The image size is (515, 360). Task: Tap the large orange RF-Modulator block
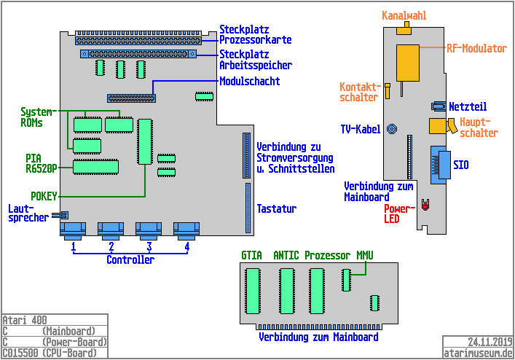coord(407,62)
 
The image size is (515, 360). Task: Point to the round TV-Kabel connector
coord(391,130)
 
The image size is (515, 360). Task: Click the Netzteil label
coord(468,106)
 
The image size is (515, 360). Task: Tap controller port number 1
coord(74,230)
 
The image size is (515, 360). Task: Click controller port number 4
coord(186,230)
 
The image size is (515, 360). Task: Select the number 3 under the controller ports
coord(149,246)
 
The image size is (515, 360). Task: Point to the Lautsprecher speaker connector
coord(63,215)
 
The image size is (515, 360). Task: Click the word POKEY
coord(44,196)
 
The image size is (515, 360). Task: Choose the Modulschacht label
coord(250,81)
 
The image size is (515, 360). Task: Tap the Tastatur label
coord(277,209)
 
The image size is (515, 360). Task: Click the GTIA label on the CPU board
coord(252,256)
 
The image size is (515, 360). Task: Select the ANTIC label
coord(286,256)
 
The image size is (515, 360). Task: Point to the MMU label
coord(364,256)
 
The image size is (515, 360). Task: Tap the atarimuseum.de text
coord(478,352)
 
